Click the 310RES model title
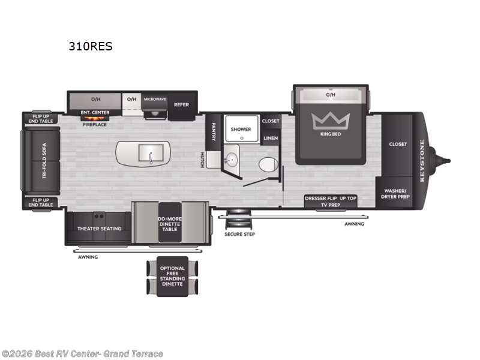coord(91,47)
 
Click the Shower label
coord(241,129)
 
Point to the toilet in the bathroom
coord(268,164)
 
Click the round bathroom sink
coord(231,160)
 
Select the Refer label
coord(181,104)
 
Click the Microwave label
coord(154,98)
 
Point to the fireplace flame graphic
coord(95,118)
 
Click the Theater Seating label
coord(98,229)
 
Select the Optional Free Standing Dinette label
coord(173,277)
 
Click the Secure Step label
coord(239,234)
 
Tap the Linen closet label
coord(271,139)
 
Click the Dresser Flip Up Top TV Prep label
coord(331,201)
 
